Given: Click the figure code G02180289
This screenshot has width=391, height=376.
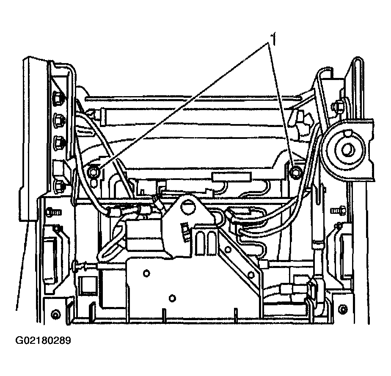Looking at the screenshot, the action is click(x=43, y=340).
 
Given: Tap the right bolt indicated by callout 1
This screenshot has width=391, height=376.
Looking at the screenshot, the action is click(x=296, y=172).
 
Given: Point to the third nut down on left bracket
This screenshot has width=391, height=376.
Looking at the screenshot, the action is click(x=59, y=141).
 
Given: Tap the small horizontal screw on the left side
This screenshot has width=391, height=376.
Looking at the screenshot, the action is click(x=53, y=212).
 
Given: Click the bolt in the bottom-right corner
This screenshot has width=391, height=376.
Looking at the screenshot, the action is click(x=343, y=310).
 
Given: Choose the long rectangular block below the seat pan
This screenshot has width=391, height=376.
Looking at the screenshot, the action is click(x=231, y=177).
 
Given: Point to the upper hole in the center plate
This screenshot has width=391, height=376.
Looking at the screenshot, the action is click(x=146, y=274).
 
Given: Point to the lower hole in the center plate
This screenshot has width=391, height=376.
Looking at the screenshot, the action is click(x=172, y=298).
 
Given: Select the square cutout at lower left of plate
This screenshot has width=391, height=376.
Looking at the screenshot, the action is click(x=85, y=284).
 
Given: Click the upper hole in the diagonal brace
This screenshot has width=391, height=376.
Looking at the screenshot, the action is click(x=228, y=249).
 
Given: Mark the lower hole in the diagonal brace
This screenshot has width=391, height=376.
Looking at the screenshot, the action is click(x=251, y=275).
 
